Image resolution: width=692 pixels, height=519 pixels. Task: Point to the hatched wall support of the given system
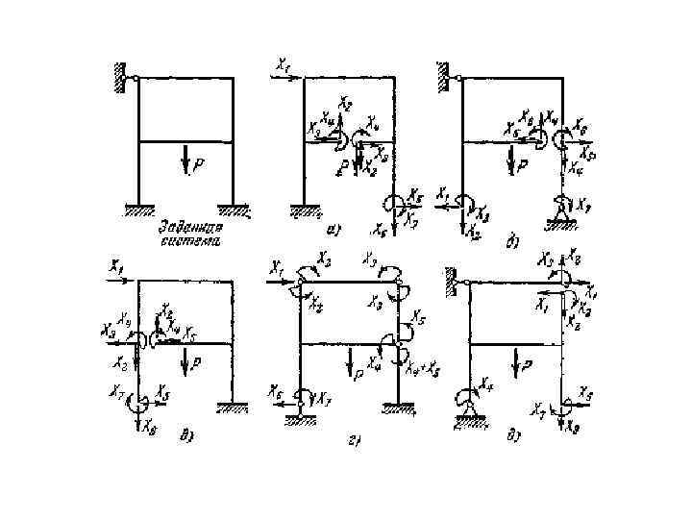pyautogui.click(x=120, y=77)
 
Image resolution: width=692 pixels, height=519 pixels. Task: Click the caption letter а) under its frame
pyautogui.click(x=331, y=230)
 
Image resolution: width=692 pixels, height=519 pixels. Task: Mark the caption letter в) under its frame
pyautogui.click(x=187, y=437)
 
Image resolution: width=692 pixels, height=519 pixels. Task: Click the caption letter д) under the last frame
pyautogui.click(x=515, y=437)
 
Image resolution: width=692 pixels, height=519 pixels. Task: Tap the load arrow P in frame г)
pyautogui.click(x=347, y=360)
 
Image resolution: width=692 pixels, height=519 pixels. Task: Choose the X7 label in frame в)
pyautogui.click(x=116, y=390)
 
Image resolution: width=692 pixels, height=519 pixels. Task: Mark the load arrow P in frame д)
pyautogui.click(x=517, y=362)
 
